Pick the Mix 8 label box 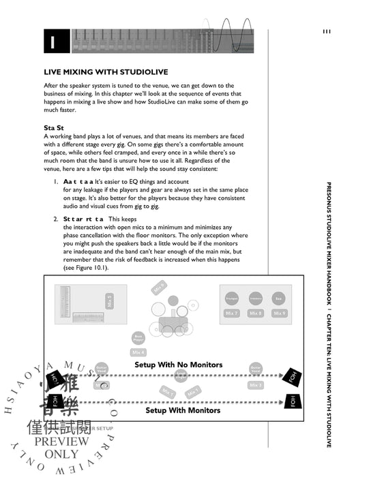coord(256,313)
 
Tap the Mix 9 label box coord(279,313)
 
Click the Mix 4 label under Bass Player coord(138,352)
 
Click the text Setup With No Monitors coord(178,365)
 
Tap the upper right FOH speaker coord(294,373)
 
